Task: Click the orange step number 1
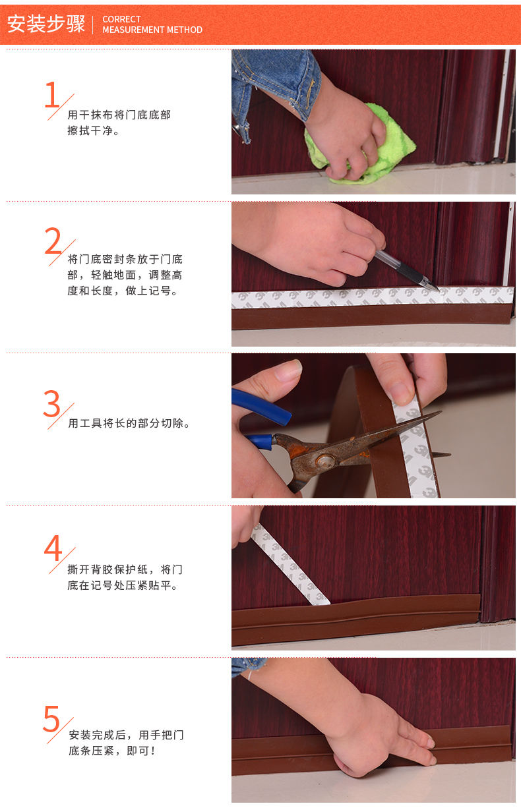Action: (52, 94)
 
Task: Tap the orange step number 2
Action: (53, 241)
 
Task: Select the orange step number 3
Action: (52, 403)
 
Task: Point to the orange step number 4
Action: (53, 548)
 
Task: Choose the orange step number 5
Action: (51, 718)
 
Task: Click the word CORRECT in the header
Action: (121, 19)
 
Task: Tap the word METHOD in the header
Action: (185, 30)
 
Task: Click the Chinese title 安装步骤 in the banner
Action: (46, 24)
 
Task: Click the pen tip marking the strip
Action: (438, 289)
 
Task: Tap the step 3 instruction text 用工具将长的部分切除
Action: (128, 423)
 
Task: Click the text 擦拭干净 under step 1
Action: (93, 130)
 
